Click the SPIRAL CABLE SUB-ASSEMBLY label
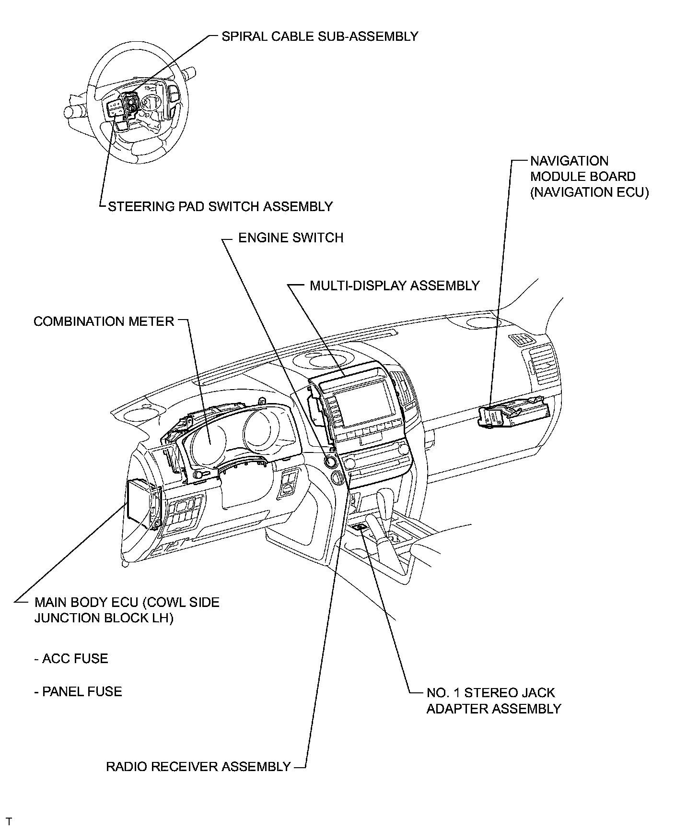click(x=320, y=36)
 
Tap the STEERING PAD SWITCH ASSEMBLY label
click(x=220, y=206)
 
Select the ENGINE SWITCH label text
click(x=291, y=238)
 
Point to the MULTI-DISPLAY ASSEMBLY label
click(x=394, y=285)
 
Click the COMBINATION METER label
click(x=104, y=321)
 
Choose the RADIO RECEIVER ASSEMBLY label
click(x=198, y=766)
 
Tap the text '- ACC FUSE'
click(x=71, y=658)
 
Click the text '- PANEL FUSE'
click(x=78, y=691)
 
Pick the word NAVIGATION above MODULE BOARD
click(x=569, y=161)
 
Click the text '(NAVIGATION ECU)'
click(x=589, y=192)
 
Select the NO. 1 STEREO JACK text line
click(x=490, y=693)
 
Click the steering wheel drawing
click(x=137, y=103)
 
